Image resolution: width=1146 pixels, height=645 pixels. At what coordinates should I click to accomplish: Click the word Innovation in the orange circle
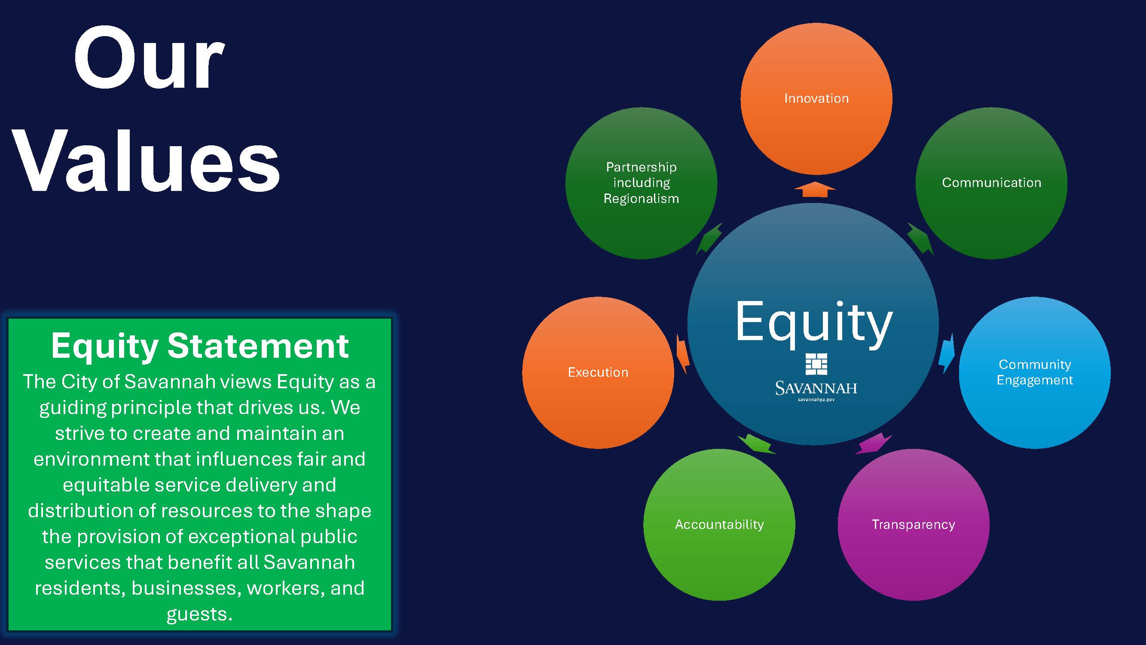point(816,98)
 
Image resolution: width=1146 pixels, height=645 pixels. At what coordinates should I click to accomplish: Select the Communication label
point(992,182)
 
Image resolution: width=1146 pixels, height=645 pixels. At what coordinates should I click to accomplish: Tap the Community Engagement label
point(1035,372)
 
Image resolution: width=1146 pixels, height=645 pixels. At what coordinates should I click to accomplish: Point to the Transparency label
point(914,525)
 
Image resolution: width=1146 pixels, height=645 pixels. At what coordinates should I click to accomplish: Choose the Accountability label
point(719,525)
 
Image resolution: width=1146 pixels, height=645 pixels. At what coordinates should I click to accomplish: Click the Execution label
point(598,372)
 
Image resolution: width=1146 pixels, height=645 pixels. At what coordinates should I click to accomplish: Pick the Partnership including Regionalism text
point(641,183)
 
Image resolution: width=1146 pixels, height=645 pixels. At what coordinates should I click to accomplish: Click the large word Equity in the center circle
point(814,323)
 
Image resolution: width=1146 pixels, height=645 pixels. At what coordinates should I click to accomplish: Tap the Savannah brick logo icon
point(816,364)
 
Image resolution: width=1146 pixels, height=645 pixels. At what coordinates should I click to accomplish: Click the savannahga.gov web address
point(816,400)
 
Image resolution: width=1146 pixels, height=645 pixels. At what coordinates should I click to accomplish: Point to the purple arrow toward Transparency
point(873,444)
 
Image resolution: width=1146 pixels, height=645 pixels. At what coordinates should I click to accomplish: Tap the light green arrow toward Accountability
point(757,444)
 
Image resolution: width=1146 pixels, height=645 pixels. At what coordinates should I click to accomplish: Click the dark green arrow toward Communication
point(920,239)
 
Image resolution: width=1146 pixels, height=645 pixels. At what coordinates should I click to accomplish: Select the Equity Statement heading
point(200,346)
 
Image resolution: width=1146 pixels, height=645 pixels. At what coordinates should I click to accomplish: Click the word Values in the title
point(147,161)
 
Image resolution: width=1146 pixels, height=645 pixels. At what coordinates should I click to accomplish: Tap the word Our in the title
point(149,58)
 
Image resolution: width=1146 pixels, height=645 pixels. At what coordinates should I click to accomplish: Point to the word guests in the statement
point(199,615)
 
